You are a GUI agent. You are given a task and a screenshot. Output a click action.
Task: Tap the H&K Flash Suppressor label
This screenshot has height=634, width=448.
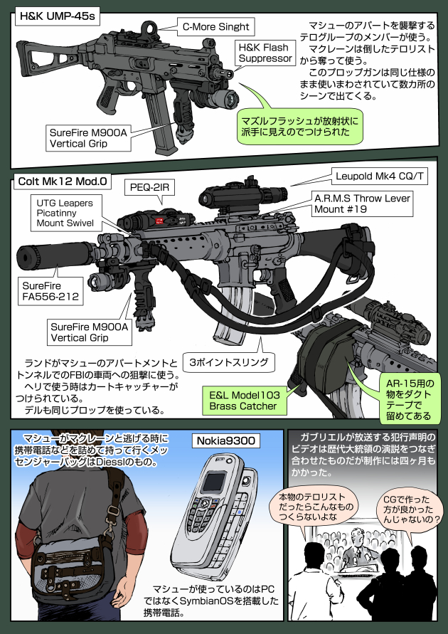(264, 53)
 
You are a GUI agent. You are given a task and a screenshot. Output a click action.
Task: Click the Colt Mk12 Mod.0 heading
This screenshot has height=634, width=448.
(62, 181)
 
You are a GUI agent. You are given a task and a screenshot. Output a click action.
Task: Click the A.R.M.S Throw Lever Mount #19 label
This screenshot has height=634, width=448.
(361, 204)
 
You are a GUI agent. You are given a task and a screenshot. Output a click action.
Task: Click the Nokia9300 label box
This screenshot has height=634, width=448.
(226, 440)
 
